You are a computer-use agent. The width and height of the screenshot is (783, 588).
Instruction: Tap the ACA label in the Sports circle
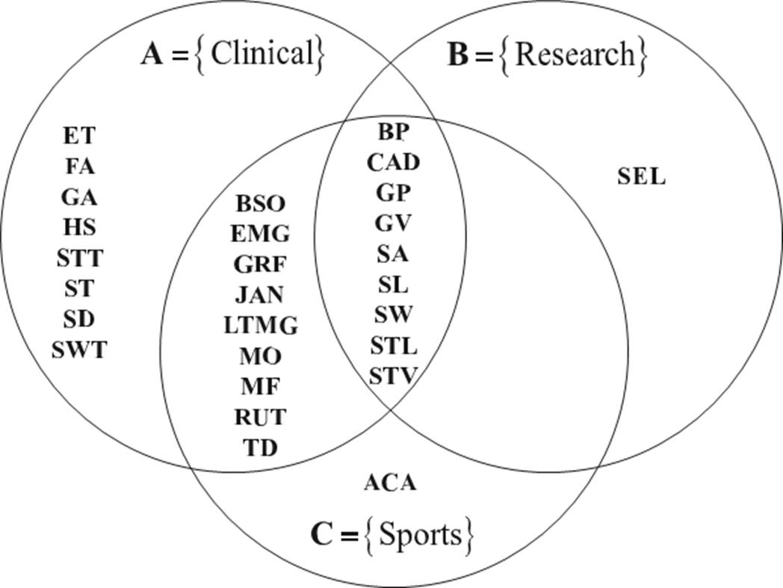click(x=389, y=483)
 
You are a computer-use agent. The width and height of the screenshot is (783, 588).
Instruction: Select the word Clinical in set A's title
click(x=261, y=54)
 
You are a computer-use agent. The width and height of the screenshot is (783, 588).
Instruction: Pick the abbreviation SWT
click(x=79, y=349)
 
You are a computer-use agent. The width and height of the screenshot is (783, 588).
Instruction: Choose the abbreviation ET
click(x=79, y=135)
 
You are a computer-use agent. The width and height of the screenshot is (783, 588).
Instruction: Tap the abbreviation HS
click(x=79, y=226)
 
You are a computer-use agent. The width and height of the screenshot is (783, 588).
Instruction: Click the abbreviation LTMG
click(x=261, y=326)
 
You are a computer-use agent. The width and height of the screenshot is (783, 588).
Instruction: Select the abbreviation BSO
click(x=261, y=203)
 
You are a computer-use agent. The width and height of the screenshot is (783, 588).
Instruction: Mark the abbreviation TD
click(x=261, y=448)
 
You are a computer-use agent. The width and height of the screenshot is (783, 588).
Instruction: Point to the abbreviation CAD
click(x=394, y=162)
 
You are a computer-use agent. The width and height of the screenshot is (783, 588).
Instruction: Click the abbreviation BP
click(x=394, y=132)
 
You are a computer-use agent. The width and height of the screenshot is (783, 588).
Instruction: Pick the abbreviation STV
click(x=394, y=375)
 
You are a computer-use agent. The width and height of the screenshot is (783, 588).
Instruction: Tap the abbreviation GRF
click(x=261, y=264)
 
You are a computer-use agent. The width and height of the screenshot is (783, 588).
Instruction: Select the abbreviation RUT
click(x=261, y=416)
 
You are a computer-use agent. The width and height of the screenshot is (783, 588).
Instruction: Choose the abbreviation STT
click(x=79, y=259)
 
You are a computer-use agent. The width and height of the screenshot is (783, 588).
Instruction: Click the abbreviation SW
click(x=394, y=315)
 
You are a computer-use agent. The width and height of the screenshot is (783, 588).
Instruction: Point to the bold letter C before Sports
click(x=321, y=536)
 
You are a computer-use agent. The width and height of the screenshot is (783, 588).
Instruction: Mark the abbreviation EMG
click(x=261, y=234)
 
